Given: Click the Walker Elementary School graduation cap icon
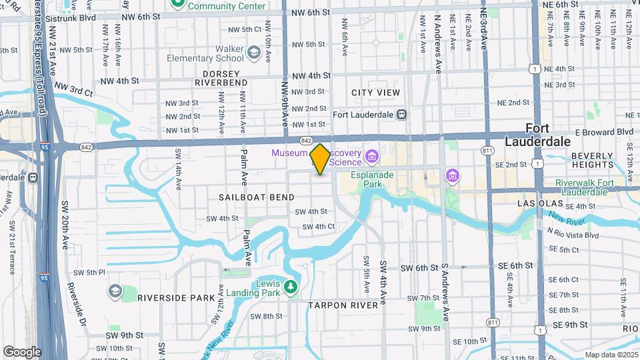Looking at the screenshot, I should click(x=253, y=52).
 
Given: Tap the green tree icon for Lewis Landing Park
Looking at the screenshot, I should click(x=290, y=287).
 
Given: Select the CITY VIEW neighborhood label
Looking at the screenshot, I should click(x=375, y=93).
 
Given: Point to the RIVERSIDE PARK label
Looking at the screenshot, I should click(x=170, y=298).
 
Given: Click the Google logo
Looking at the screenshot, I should click(x=22, y=351).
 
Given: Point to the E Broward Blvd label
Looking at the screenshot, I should click(x=604, y=132).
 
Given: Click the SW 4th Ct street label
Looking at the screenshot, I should click(x=318, y=227).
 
